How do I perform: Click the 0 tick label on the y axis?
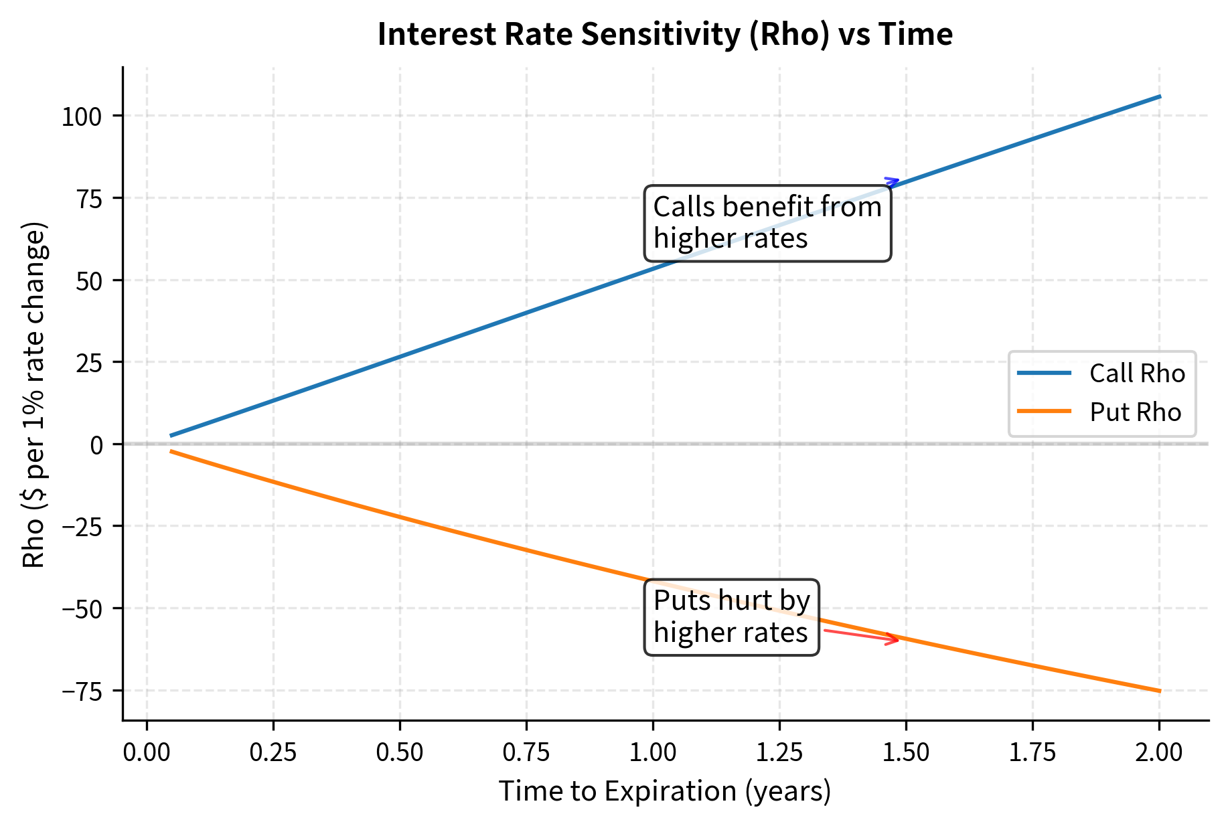[97, 444]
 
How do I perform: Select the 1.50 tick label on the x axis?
[906, 753]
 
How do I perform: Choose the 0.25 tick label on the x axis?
[273, 753]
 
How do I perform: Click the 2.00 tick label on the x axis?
[1159, 753]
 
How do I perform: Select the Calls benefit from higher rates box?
[767, 223]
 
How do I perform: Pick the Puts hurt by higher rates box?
[731, 617]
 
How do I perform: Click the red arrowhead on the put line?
[895, 640]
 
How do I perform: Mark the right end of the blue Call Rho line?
[1159, 97]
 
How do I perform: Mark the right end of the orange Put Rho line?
[1159, 691]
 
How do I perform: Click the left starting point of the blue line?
[172, 435]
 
